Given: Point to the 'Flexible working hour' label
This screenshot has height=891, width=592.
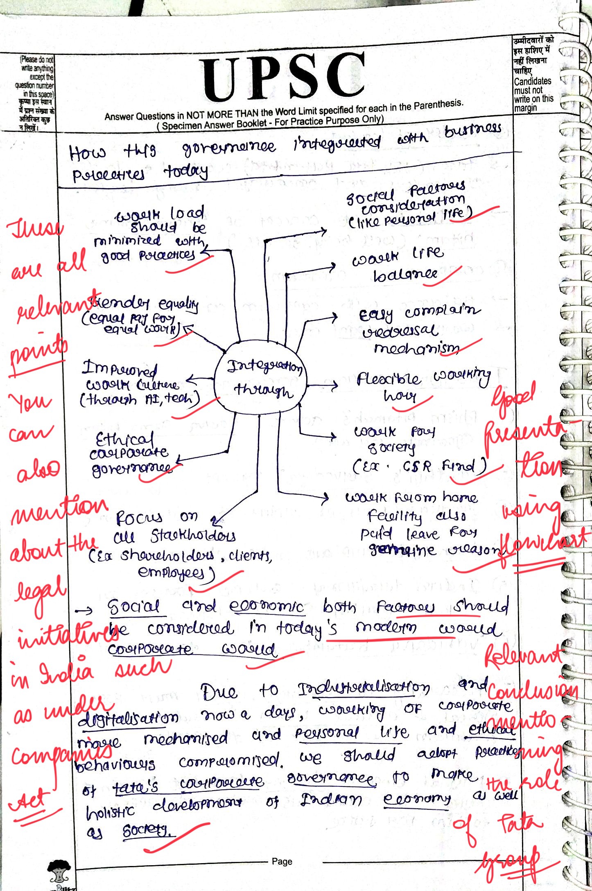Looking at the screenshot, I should (x=422, y=385).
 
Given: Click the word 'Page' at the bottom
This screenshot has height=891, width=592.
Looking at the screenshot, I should (x=282, y=861).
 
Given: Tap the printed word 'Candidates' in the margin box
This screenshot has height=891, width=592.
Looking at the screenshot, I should (x=532, y=81).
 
